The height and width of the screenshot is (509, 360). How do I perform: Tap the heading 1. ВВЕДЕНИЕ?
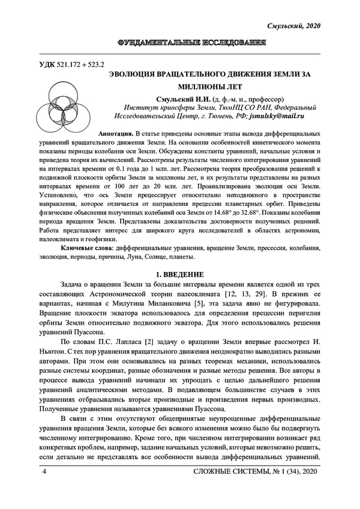pyautogui.click(x=179, y=274)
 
